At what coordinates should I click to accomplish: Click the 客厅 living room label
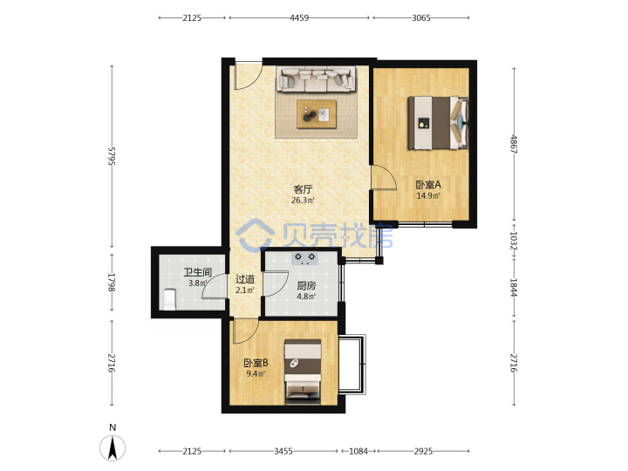coord(303,189)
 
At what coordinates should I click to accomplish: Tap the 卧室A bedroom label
coord(428,185)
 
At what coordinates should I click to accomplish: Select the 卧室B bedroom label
coord(256,363)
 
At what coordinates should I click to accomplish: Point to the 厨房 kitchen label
coord(306,286)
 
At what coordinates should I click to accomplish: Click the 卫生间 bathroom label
coord(197,272)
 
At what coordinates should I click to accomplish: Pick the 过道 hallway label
coord(245,279)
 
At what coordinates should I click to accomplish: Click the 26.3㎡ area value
coord(303,200)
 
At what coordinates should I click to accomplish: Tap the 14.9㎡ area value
coord(428,195)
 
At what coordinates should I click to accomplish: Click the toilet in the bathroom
coord(170,299)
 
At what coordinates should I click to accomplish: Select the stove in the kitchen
coord(304,258)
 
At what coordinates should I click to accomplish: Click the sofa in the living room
coord(316,78)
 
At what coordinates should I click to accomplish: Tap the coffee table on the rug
coord(317,114)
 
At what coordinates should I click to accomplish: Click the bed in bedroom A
coord(438,123)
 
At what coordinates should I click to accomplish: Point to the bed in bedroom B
coord(303,372)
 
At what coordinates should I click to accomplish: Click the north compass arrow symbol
coord(113,447)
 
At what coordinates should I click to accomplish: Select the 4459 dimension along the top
coord(299,17)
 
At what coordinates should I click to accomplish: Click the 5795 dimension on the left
coord(112,156)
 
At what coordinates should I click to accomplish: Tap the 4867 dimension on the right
coord(514,144)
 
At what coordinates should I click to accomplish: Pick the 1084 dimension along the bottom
coord(358,451)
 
